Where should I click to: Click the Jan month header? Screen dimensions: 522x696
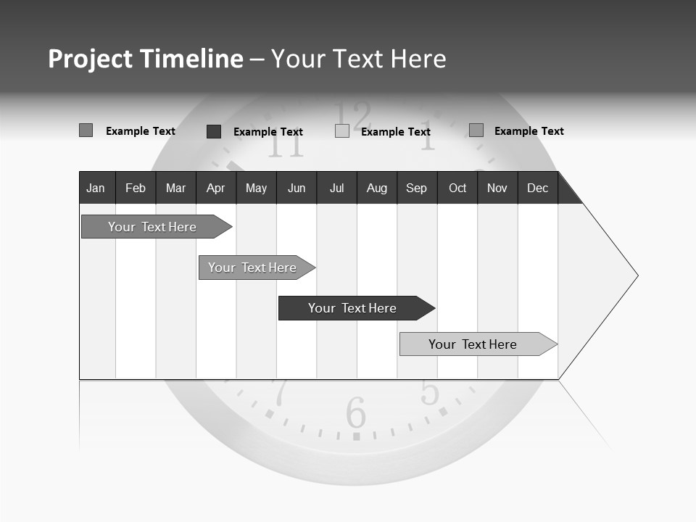point(96,188)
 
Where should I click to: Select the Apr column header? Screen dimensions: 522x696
point(216,188)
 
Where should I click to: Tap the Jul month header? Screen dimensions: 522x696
point(337,188)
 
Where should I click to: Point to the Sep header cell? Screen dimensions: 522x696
point(416,188)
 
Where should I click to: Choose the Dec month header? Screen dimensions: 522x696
point(538,188)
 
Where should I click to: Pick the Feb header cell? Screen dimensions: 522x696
point(136,188)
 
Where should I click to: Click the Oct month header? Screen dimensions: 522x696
point(457,188)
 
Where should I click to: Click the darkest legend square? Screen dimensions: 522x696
point(214,131)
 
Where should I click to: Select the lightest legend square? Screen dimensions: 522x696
point(342,131)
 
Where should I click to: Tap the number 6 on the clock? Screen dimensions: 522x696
point(356,413)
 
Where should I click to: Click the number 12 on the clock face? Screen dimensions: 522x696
point(352,116)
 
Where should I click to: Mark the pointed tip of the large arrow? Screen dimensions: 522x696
point(637,275)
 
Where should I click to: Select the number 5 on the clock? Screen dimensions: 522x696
point(430,392)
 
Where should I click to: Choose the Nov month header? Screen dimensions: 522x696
point(497,188)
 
